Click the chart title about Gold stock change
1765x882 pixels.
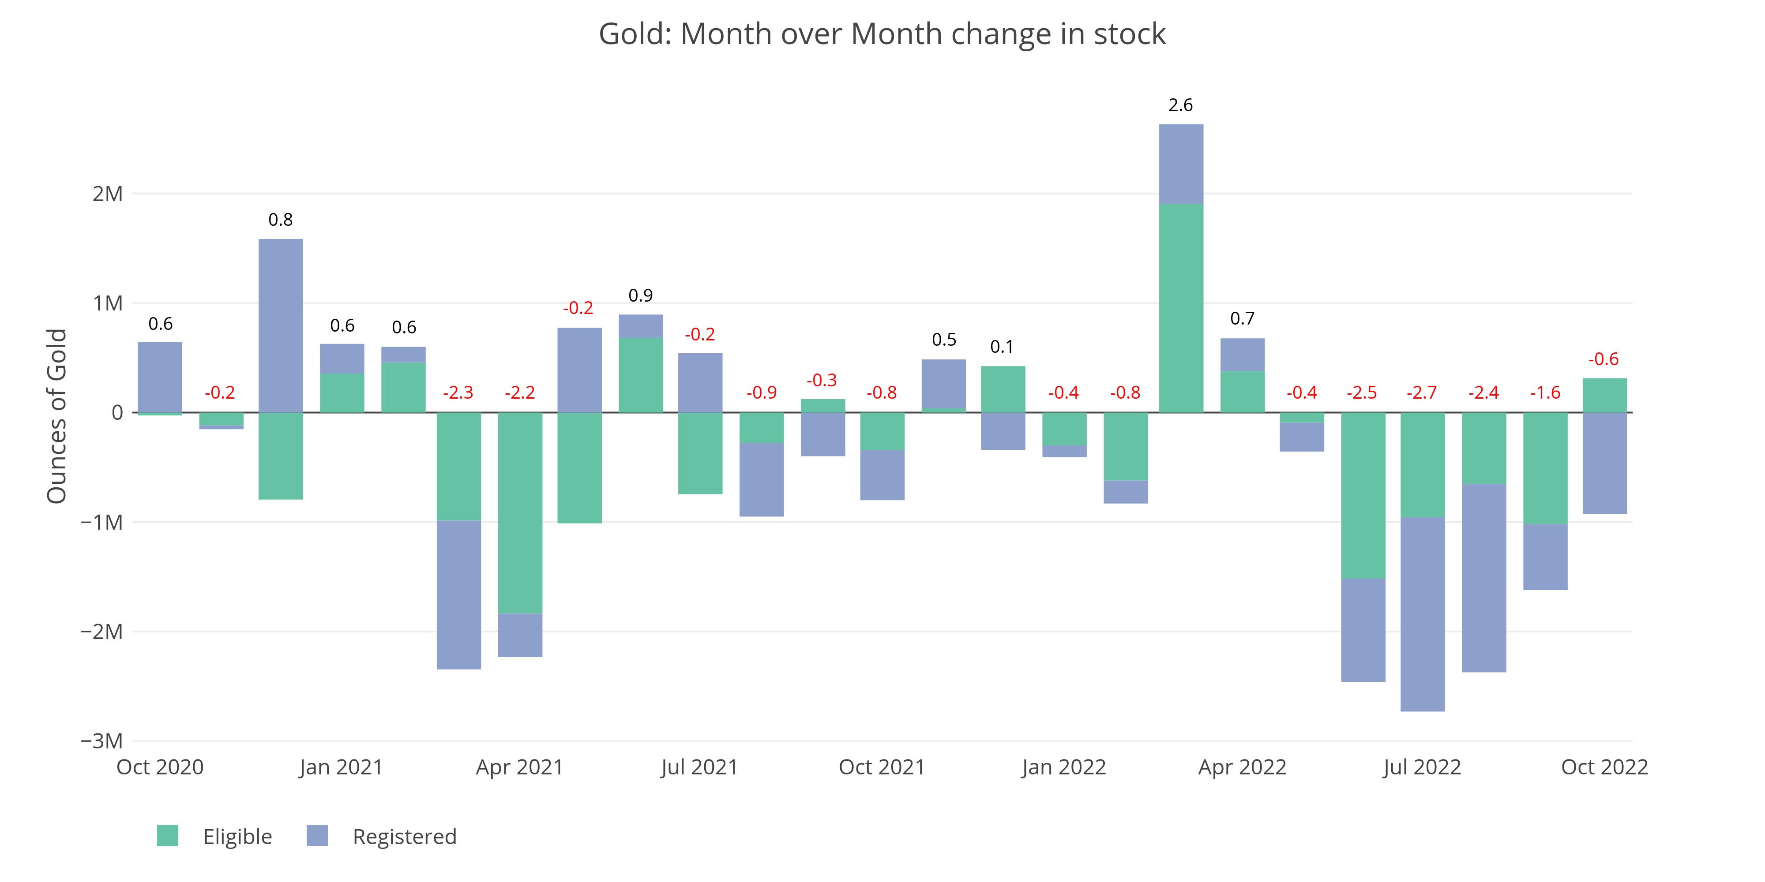click(882, 34)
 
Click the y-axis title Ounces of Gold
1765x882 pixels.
click(57, 416)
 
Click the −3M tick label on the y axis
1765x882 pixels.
click(102, 740)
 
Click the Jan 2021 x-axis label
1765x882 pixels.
click(341, 767)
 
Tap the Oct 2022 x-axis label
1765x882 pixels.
click(1604, 767)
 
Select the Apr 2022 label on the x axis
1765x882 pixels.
click(1242, 767)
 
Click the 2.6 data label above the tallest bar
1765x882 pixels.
click(1180, 105)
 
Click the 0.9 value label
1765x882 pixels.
click(641, 296)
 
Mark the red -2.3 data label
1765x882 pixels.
click(458, 393)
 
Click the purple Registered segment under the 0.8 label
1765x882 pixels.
click(281, 325)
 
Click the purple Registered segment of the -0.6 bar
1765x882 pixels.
click(1605, 463)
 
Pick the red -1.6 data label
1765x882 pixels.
click(1545, 393)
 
